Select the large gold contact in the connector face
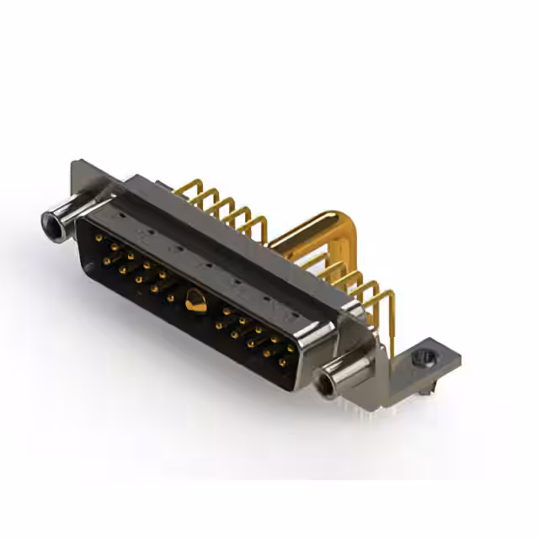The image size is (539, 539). pos(195,301)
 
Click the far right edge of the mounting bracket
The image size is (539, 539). pos(460,358)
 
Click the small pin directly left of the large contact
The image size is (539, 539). pos(173,296)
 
